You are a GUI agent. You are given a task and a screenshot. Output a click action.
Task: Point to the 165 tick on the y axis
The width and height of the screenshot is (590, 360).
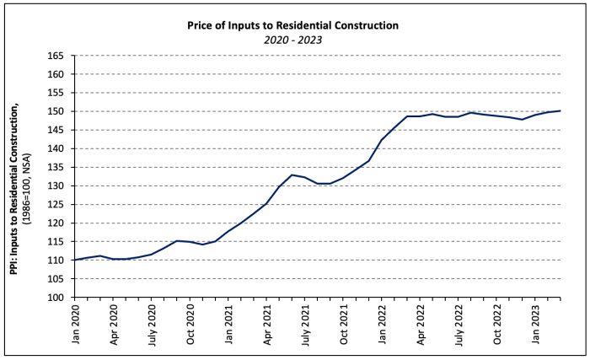click(x=57, y=56)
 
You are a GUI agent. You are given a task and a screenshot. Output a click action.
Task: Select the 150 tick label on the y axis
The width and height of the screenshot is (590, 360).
click(x=57, y=111)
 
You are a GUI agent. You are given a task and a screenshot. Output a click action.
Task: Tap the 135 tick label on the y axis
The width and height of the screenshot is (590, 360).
click(x=57, y=167)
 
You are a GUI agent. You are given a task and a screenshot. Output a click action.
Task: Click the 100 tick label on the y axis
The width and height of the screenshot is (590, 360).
click(x=57, y=297)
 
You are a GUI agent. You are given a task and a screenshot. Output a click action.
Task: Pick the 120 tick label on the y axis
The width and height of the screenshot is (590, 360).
click(x=57, y=223)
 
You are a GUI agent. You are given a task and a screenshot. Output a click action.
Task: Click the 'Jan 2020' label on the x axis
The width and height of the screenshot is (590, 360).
click(x=75, y=324)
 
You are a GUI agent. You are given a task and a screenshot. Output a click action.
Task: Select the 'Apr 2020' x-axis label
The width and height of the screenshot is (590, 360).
click(x=114, y=324)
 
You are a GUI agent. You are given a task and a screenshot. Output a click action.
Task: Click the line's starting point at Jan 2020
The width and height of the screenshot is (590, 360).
click(x=75, y=260)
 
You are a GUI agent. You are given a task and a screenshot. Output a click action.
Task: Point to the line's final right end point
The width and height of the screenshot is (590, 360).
click(x=560, y=110)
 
